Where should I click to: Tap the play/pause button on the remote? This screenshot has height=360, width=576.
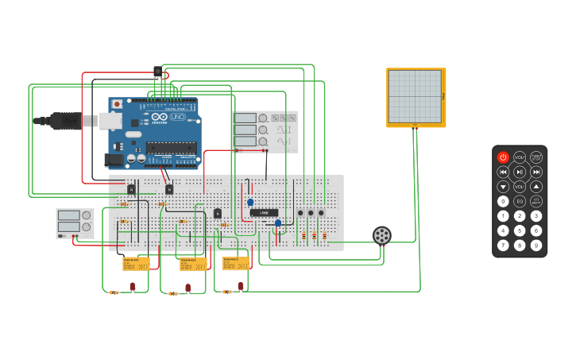tap(520, 172)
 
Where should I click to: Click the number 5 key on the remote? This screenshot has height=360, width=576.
tap(520, 230)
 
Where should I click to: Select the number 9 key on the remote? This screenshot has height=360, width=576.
tap(536, 246)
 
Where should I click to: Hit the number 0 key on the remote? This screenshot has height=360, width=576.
tap(503, 201)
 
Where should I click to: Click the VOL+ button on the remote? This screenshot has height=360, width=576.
tap(520, 157)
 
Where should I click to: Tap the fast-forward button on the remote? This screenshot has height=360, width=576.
tap(536, 172)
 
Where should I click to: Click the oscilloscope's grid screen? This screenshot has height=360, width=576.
tap(414, 96)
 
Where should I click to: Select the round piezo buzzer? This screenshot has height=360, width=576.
tap(382, 236)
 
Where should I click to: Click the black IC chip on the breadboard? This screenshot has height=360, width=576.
tap(264, 213)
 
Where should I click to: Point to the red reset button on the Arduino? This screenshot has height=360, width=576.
tap(118, 104)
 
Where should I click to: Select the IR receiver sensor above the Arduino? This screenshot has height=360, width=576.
tap(157, 72)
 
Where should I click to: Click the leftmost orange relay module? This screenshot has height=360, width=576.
tap(136, 263)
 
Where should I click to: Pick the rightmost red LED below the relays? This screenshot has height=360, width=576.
tap(241, 286)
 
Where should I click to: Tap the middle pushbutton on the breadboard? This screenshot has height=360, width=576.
tap(311, 213)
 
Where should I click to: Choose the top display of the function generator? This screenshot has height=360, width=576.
tap(245, 118)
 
